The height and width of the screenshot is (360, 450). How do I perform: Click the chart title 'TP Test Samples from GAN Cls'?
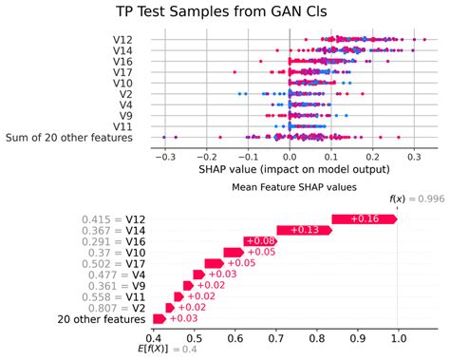click(225, 12)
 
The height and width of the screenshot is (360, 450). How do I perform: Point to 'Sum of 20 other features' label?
click(83, 139)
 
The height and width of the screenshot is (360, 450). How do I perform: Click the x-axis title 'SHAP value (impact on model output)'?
click(290, 169)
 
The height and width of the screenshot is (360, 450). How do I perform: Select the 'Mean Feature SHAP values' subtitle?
click(294, 188)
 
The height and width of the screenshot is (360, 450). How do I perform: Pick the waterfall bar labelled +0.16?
click(365, 220)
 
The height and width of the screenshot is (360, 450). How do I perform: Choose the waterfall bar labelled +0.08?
click(260, 242)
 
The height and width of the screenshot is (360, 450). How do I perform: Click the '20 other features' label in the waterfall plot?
click(100, 319)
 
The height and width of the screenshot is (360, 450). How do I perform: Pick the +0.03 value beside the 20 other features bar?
click(183, 319)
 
